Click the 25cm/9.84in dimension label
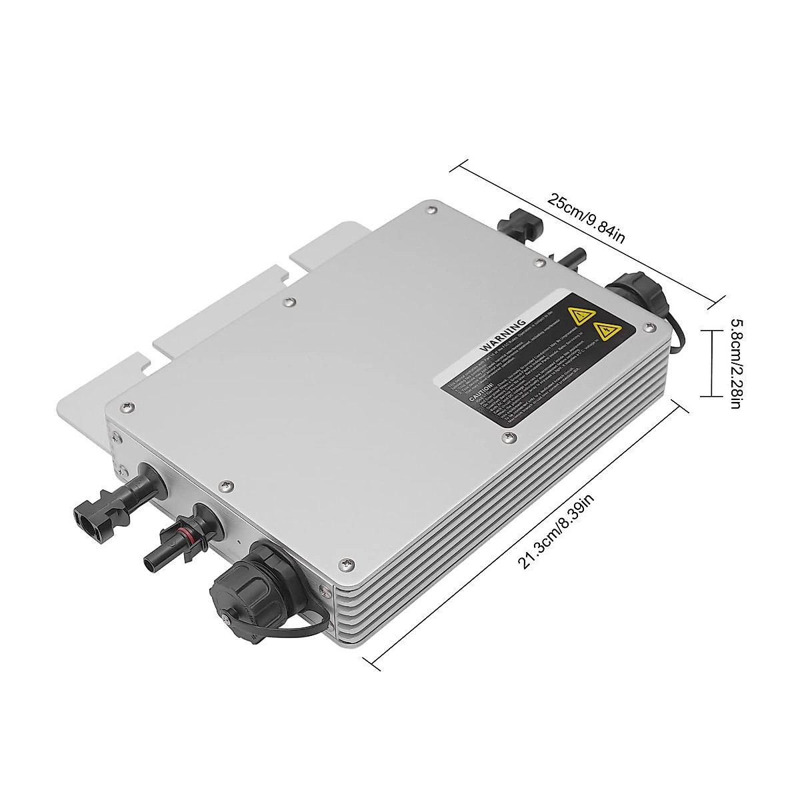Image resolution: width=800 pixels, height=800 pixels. point(586,219)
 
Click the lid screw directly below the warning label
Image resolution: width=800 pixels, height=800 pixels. point(511,437)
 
